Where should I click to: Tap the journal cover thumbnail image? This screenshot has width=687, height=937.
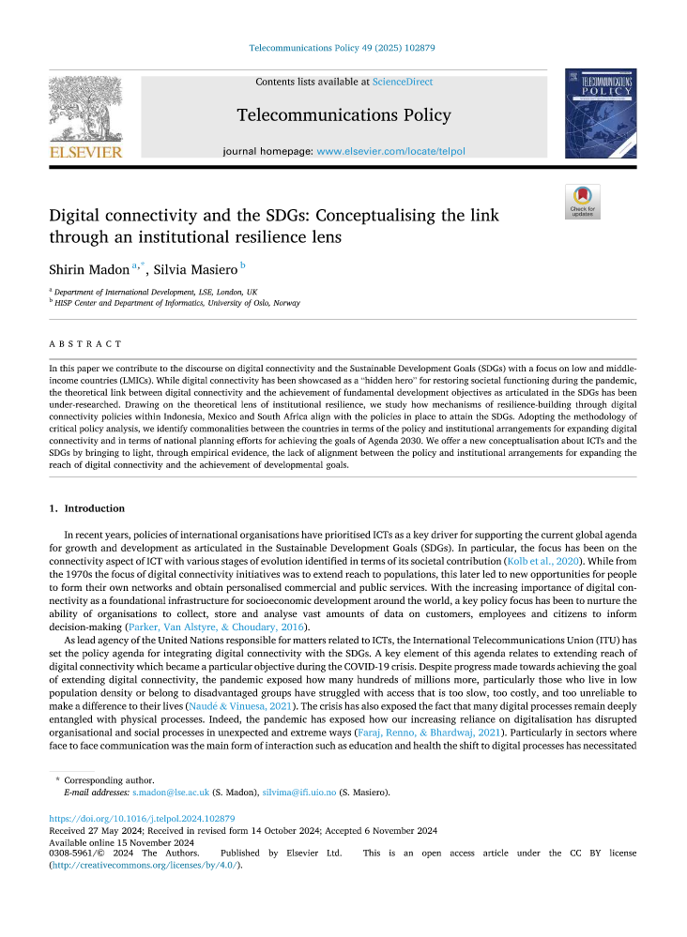(601, 113)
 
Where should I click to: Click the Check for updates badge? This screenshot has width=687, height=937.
(582, 202)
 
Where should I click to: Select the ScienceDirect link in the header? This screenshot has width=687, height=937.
(402, 83)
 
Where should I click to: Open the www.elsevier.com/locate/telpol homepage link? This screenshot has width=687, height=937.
(390, 151)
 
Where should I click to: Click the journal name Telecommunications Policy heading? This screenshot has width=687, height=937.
(343, 115)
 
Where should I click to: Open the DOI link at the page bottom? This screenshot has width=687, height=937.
(142, 819)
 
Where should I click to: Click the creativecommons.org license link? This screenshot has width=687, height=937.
(145, 865)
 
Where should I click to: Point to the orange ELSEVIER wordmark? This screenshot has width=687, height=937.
(85, 151)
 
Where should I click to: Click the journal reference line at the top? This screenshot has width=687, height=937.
(343, 47)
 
